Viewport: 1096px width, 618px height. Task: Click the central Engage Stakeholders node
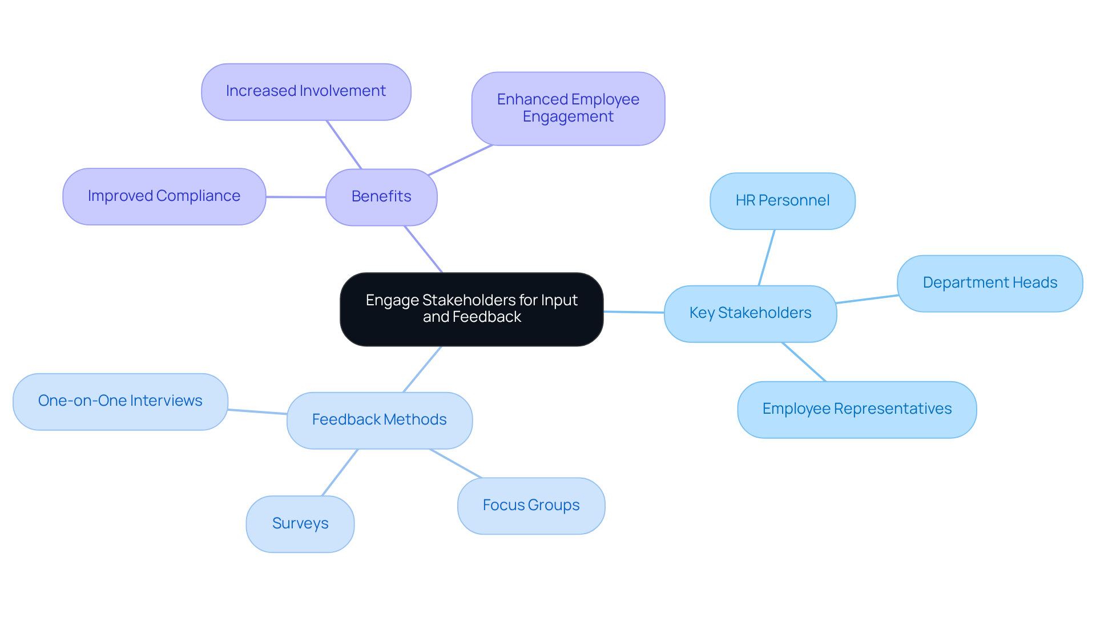[472, 309]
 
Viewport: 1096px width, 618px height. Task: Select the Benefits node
[381, 197]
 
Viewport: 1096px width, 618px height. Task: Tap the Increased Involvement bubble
[306, 91]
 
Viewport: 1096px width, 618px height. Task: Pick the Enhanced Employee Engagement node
[568, 108]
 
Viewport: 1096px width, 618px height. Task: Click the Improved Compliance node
[164, 196]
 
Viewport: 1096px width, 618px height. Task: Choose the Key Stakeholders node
[750, 313]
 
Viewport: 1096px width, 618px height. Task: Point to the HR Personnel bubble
[782, 201]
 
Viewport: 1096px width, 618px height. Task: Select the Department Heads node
[989, 283]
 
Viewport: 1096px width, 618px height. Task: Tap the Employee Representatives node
[856, 409]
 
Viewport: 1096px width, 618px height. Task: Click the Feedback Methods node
[379, 420]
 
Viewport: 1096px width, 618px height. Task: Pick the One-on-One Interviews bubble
[120, 401]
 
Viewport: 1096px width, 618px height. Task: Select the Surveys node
[300, 524]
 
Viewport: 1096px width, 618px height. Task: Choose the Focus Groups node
[531, 506]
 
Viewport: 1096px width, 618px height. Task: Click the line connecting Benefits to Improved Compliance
[296, 197]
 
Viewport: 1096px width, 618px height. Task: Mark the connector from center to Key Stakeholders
[634, 312]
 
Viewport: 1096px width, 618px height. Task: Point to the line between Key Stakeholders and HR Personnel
[767, 257]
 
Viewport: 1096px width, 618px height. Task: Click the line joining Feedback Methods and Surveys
[340, 472]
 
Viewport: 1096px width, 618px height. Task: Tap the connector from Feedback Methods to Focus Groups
[456, 463]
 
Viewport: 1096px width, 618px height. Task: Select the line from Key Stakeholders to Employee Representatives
[804, 362]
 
